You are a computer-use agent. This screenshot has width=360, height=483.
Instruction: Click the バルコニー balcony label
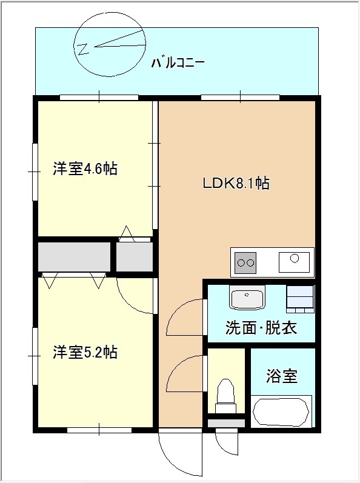click(178, 63)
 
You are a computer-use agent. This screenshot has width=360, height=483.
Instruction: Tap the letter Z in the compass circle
click(83, 49)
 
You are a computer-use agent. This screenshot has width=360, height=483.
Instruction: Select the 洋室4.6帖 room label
click(85, 168)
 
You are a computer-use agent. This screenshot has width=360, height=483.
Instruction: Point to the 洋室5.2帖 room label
click(85, 352)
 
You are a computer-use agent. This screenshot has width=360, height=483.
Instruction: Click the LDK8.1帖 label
click(236, 183)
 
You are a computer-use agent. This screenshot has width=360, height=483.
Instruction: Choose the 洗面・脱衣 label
click(261, 328)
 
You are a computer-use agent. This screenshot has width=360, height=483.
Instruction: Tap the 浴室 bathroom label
click(282, 376)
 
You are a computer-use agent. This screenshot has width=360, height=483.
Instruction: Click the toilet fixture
click(225, 396)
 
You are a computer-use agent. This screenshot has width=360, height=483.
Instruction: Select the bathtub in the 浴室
click(281, 412)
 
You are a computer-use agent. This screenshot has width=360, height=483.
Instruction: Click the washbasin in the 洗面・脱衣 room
click(247, 298)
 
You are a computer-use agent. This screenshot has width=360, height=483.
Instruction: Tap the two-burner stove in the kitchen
click(245, 263)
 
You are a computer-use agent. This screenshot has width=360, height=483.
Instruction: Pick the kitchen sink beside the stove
click(294, 262)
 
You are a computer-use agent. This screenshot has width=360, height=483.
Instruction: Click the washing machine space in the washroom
click(300, 299)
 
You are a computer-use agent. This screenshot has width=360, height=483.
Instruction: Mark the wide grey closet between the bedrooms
click(74, 256)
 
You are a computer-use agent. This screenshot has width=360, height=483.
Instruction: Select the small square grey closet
click(135, 256)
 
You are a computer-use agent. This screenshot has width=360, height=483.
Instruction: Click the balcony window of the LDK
click(240, 98)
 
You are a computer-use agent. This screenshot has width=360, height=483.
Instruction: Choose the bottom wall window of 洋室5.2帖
click(99, 430)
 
